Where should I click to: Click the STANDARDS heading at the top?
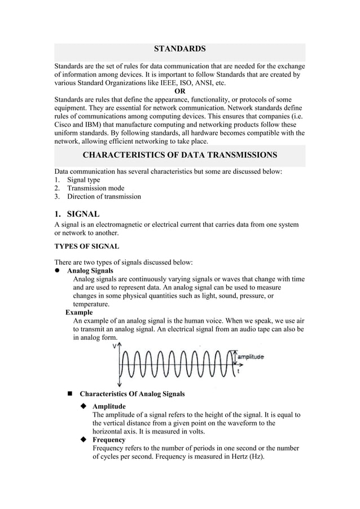point(179,50)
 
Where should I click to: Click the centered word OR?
point(179,91)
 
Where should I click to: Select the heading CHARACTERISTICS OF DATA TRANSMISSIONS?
point(179,155)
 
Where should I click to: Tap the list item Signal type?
point(84,180)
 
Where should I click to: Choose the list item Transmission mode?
point(96,188)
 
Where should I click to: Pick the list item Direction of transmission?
point(104,197)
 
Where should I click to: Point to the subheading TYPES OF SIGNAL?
point(86,246)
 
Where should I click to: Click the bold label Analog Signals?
point(90,271)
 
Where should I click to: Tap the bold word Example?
point(79,312)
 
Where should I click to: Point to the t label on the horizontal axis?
point(239,371)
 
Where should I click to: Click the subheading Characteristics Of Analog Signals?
point(132,393)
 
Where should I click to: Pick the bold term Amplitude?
point(109,406)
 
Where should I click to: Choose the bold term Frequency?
point(109,440)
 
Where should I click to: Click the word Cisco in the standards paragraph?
point(63,125)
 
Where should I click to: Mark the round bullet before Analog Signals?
point(57,271)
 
